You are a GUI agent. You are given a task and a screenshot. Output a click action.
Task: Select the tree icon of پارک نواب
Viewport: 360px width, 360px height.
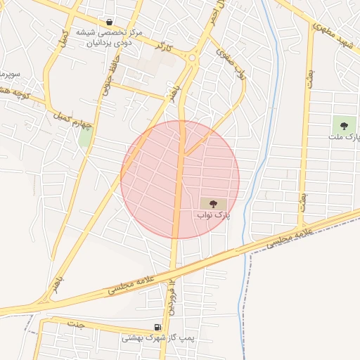pos(214,202)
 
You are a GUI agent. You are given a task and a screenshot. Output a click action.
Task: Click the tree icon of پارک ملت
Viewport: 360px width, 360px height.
pos(344,127)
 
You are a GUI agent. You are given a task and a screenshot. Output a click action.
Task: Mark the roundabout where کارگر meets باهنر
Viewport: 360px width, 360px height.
pos(193,58)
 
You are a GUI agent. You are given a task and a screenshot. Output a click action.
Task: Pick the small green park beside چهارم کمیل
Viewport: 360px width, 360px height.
pos(85,136)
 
